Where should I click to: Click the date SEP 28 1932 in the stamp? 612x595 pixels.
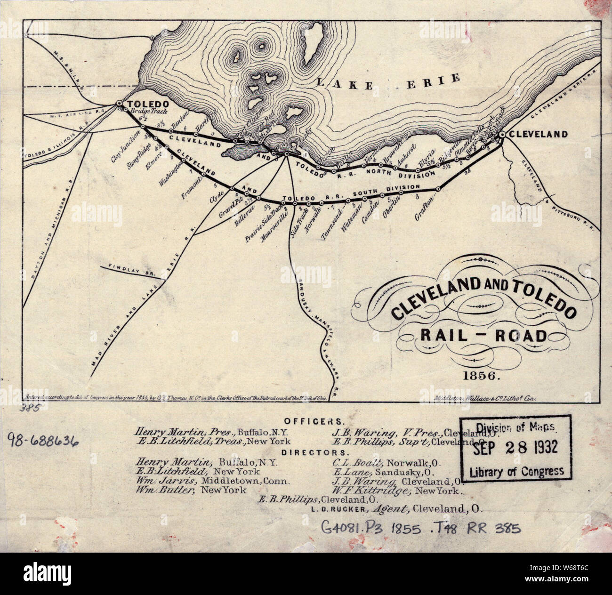click(515, 447)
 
